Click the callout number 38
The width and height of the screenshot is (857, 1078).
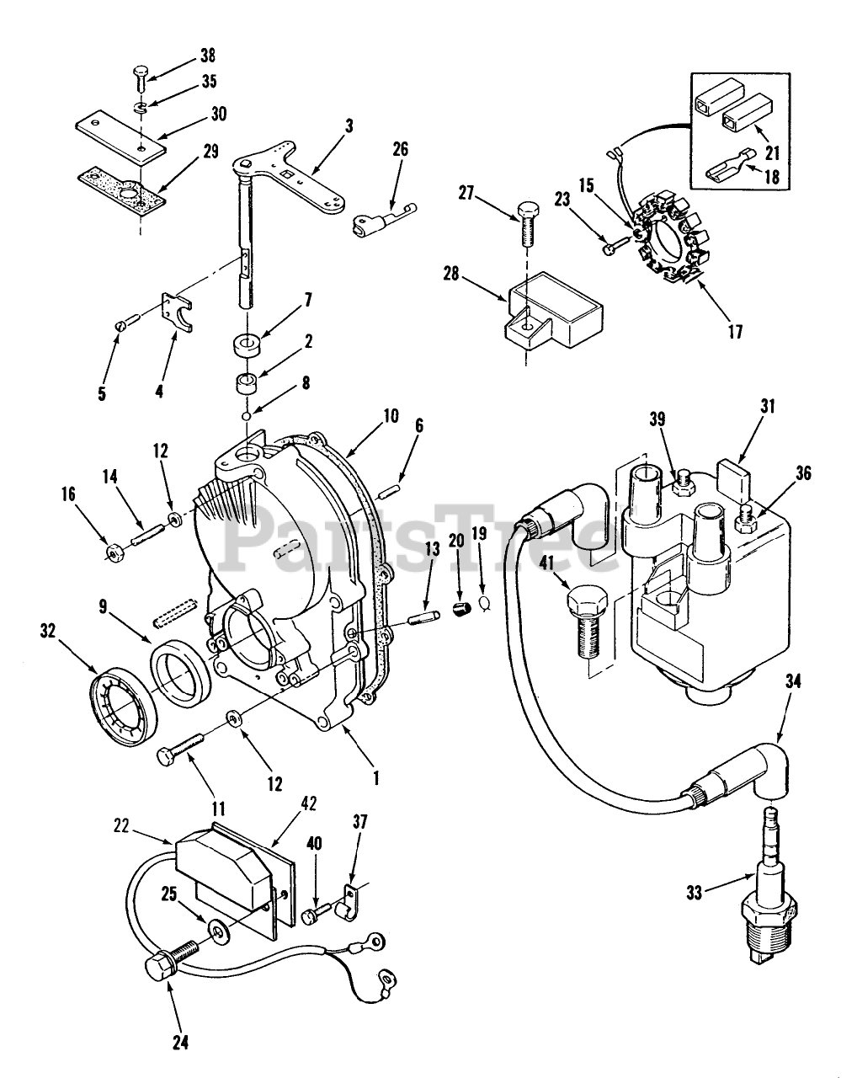click(207, 56)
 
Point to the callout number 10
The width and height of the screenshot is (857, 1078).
click(391, 416)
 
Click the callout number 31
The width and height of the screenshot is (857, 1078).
click(768, 406)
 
